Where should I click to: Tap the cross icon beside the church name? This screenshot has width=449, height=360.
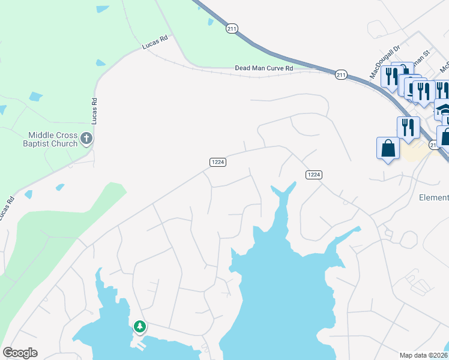[x=86, y=139]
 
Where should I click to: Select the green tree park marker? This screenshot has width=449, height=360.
[x=139, y=326]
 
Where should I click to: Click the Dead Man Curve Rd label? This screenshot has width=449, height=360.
[x=264, y=69]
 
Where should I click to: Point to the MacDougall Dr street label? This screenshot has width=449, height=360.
[x=380, y=65]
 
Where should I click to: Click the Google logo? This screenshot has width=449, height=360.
[x=20, y=352]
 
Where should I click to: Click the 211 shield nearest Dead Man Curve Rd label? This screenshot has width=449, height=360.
[x=341, y=74]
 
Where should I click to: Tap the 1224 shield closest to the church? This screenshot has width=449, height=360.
[x=218, y=162]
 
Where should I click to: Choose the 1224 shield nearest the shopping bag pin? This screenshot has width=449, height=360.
[x=314, y=175]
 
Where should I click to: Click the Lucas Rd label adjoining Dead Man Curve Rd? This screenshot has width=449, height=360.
[x=154, y=41]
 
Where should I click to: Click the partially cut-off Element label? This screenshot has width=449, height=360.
[x=433, y=197]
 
